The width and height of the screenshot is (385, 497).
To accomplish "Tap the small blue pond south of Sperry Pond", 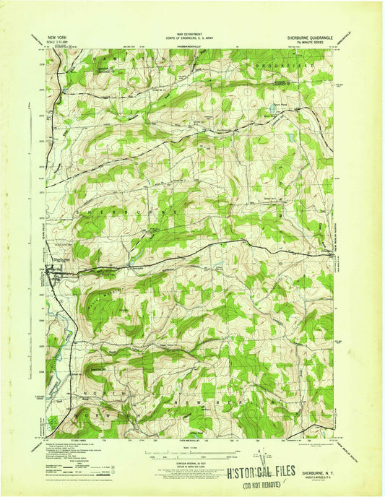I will (x=290, y=135).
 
